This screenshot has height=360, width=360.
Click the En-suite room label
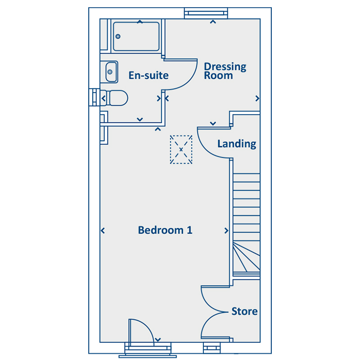[x=148, y=75]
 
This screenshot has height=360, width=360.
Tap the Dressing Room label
[x=225, y=71]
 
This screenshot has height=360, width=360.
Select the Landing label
[x=237, y=144]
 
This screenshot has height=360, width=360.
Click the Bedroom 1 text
[x=165, y=230]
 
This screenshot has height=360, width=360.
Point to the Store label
[x=244, y=311]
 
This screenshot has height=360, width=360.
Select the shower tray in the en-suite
[x=136, y=36]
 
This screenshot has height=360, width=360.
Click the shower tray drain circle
[x=118, y=36]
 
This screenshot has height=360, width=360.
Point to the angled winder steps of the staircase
[x=247, y=256]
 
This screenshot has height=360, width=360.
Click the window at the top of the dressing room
[x=206, y=13]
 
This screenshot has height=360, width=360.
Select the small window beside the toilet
[x=94, y=97]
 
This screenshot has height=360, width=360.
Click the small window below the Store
[x=211, y=348]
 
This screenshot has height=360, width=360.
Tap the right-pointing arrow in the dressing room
[x=257, y=99]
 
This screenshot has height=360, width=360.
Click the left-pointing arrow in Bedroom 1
[x=103, y=230]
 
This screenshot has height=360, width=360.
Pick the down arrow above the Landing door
[x=213, y=123]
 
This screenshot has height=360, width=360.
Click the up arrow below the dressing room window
[x=213, y=22]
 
